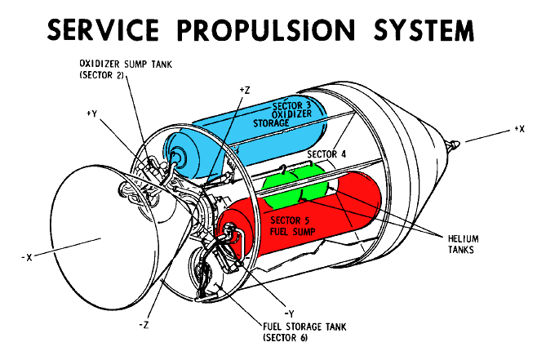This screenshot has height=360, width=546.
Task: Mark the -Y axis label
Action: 290,312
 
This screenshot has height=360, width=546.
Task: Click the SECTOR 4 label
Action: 326,153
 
